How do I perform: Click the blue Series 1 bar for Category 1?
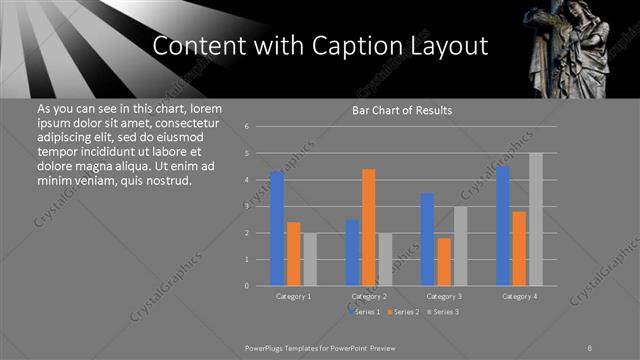277,229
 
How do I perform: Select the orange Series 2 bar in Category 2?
368,227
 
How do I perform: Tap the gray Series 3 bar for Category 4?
536,219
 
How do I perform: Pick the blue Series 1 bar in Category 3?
427,239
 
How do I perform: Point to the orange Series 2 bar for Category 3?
444,261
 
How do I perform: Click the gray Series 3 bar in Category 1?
310,259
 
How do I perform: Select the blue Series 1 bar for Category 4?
502,226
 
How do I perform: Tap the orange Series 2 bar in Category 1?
293,254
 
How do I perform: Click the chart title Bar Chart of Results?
402,110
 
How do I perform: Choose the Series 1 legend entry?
364,312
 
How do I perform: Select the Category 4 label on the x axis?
519,297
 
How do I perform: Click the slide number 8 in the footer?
590,347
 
